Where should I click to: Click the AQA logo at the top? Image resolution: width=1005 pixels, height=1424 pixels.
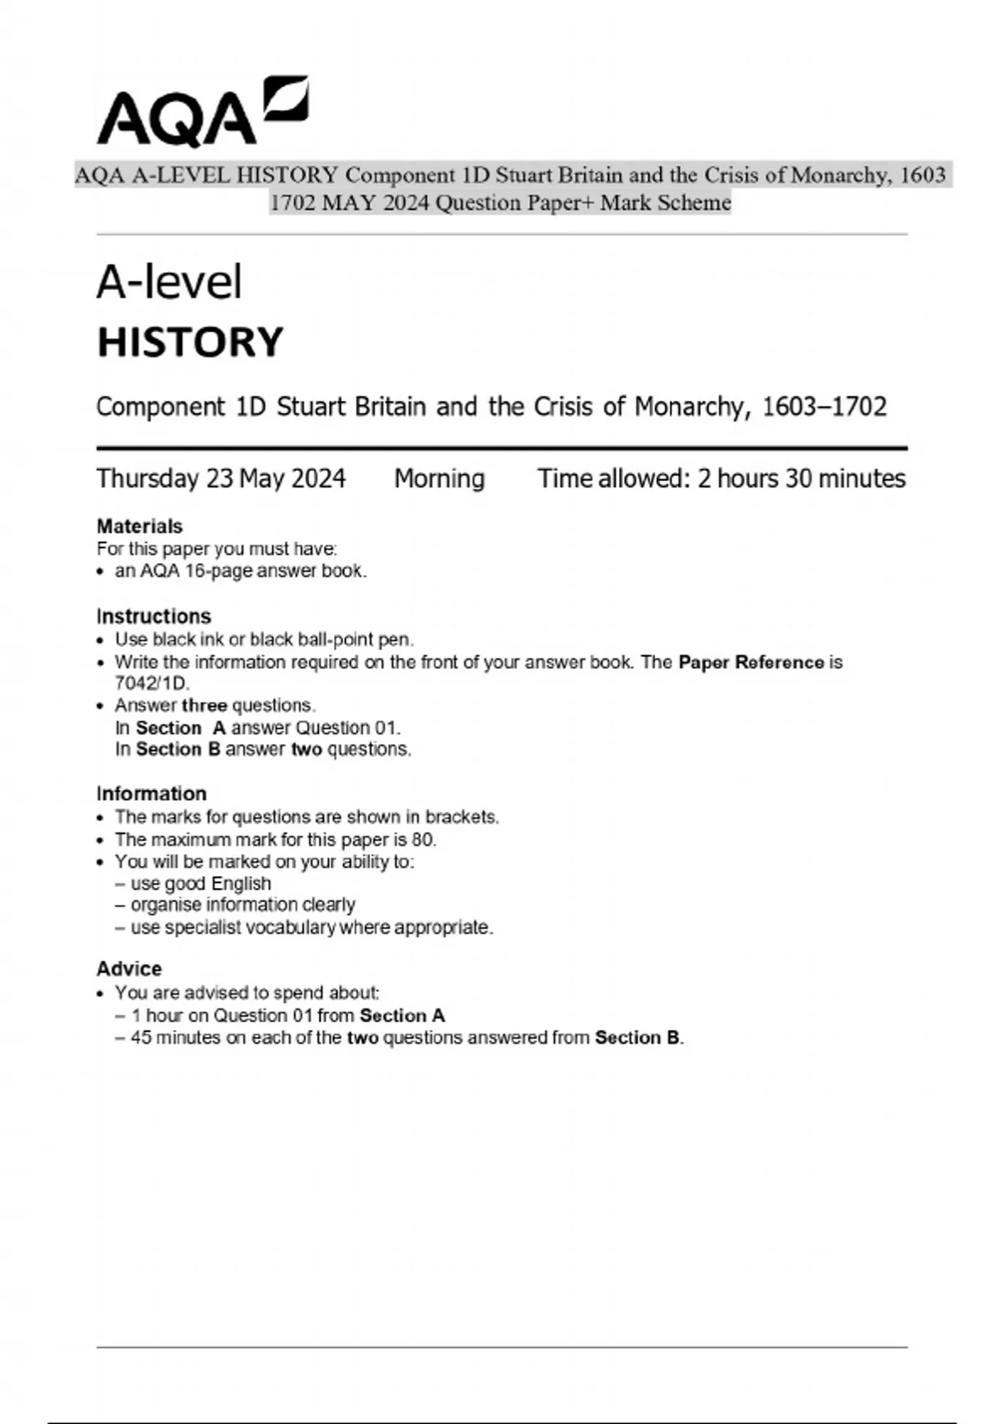[201, 112]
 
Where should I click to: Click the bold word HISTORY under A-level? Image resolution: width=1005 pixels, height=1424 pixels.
[190, 343]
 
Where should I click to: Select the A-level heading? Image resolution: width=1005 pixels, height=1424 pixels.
[169, 281]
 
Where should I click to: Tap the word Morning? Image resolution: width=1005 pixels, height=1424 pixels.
[439, 478]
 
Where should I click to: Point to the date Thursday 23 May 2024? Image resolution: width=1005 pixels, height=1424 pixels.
[220, 478]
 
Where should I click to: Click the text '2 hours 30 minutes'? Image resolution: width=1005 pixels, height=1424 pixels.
[801, 478]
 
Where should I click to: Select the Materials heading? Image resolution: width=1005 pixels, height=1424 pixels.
[139, 526]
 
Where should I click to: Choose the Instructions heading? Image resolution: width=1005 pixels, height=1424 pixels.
[153, 617]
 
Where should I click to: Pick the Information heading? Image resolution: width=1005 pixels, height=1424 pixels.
[151, 793]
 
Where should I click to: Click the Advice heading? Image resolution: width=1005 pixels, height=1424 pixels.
[129, 969]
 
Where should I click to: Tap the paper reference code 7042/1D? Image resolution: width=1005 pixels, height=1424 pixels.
[152, 683]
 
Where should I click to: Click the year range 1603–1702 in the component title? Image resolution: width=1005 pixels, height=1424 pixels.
[823, 407]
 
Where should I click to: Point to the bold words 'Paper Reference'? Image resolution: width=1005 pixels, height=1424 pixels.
[750, 663]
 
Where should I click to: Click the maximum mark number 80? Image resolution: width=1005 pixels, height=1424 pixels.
[422, 839]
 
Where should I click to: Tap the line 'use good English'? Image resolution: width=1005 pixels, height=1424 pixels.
[201, 884]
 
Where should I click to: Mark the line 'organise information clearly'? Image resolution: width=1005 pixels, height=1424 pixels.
[243, 905]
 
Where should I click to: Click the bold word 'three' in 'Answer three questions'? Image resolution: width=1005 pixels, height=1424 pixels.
[204, 705]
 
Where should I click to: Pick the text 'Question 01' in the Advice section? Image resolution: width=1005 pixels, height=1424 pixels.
[262, 1016]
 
